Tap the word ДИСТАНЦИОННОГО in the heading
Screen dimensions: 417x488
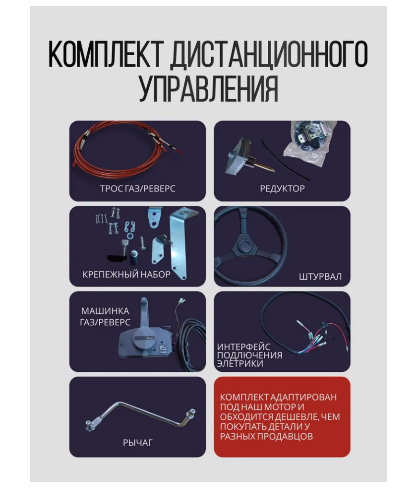coord(270,55)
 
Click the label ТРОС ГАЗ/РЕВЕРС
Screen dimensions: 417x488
coord(138,189)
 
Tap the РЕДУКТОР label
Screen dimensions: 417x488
coord(282,189)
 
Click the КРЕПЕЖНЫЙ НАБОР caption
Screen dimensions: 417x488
coord(126,274)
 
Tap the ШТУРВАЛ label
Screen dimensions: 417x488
coord(320,276)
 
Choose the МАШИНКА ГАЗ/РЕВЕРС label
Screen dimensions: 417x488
coord(105,317)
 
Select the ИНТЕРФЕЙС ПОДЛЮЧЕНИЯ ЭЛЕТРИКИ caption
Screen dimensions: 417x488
coord(249,355)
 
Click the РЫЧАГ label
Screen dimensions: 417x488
coord(138,442)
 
